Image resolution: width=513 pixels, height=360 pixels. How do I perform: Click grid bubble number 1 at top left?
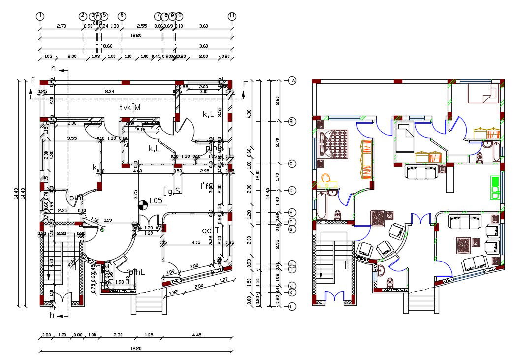(40, 16)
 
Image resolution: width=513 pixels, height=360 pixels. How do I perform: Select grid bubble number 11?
(232, 16)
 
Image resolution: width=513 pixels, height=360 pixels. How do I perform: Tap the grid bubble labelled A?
(292, 81)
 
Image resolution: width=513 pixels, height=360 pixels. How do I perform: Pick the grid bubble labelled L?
(292, 306)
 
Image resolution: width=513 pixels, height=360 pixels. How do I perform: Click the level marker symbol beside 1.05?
(143, 203)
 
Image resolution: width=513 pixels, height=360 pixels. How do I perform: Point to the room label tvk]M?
(130, 108)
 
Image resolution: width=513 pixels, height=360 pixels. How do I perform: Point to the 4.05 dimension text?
(196, 242)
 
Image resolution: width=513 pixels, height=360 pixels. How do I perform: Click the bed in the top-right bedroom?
(482, 93)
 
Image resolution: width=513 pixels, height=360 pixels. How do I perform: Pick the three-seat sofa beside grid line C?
(420, 172)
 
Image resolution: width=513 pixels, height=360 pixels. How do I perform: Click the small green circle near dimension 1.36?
(102, 229)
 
